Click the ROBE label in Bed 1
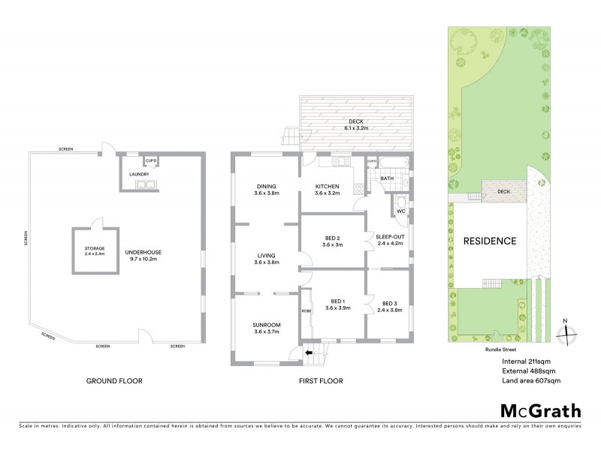click(306, 310)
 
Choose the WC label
click(401, 211)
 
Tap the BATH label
click(386, 178)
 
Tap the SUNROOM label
click(266, 327)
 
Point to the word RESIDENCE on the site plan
click(489, 241)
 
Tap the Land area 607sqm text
click(531, 382)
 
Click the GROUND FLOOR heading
click(114, 382)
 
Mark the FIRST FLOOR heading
click(320, 382)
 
